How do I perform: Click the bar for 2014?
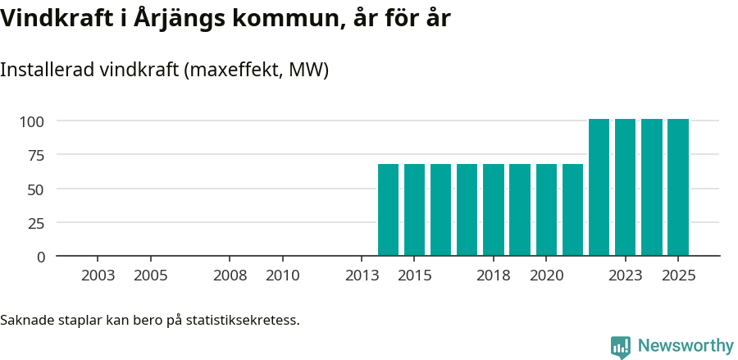point(388,210)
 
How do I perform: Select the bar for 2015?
point(414,210)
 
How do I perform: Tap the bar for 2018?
point(494,210)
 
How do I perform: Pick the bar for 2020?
point(546,210)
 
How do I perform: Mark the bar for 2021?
point(572,210)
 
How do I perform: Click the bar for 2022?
point(599,188)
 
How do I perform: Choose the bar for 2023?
point(625,188)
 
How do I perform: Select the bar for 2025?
point(677,188)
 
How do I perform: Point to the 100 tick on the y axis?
point(32,121)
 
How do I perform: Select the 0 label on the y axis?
point(41,257)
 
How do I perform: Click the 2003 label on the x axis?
point(98,276)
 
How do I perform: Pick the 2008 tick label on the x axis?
point(230,276)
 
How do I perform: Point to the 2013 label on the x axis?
point(362,276)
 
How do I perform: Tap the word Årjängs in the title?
point(189,19)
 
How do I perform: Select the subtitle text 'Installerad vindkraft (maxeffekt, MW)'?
point(164,70)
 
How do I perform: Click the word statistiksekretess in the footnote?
point(243,320)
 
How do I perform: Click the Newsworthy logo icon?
point(621,346)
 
